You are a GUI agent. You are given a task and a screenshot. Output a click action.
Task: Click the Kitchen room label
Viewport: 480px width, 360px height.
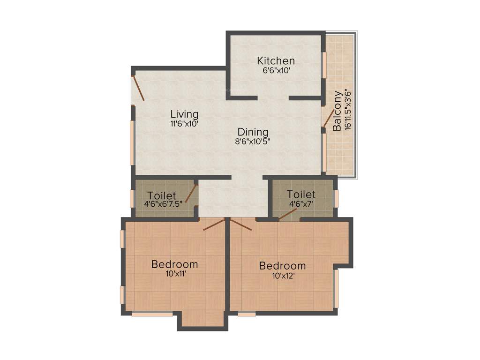pyautogui.click(x=276, y=61)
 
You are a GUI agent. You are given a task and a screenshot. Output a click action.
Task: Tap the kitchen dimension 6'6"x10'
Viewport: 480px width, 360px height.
pyautogui.click(x=276, y=71)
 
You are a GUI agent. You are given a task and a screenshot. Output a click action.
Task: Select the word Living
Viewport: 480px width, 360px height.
pyautogui.click(x=184, y=114)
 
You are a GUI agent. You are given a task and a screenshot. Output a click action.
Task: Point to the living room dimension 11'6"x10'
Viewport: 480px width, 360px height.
pyautogui.click(x=184, y=124)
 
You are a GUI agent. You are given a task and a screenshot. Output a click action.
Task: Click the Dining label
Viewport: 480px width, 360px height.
pyautogui.click(x=253, y=132)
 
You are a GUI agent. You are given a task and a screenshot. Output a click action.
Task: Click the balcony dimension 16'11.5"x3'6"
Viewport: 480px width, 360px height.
pyautogui.click(x=347, y=111)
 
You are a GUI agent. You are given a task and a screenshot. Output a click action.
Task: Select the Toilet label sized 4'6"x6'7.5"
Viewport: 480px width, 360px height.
pyautogui.click(x=162, y=195)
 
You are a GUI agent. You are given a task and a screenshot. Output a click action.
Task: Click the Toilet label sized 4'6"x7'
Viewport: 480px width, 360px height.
pyautogui.click(x=301, y=194)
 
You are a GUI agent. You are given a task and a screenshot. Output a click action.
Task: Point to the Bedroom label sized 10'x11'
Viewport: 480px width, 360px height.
pyautogui.click(x=174, y=264)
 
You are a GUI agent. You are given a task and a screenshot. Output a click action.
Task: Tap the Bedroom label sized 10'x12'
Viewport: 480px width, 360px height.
pyautogui.click(x=282, y=266)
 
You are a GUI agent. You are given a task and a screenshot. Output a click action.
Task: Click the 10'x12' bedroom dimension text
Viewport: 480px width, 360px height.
pyautogui.click(x=282, y=276)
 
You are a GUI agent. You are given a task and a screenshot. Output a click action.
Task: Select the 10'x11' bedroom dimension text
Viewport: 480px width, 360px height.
pyautogui.click(x=174, y=274)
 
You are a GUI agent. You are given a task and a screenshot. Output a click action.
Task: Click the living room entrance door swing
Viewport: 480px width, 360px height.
pyautogui.click(x=138, y=89)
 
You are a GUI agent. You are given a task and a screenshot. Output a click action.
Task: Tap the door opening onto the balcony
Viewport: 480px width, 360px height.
pyautogui.click(x=329, y=118)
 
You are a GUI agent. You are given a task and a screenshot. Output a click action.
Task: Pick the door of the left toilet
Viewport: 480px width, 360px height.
pyautogui.click(x=191, y=194)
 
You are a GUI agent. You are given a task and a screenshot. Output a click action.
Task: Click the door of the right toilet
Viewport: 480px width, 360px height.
pyautogui.click(x=287, y=214)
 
